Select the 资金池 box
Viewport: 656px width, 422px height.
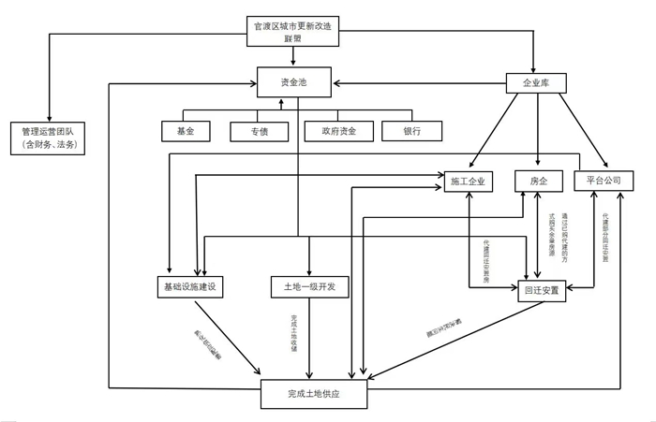[x=293, y=83]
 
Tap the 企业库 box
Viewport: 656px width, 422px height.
[x=534, y=83]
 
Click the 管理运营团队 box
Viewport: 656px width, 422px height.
[x=46, y=138]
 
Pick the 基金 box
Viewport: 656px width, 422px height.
[x=184, y=132]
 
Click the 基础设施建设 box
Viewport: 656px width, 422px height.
[x=190, y=286]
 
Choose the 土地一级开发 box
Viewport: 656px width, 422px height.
[x=308, y=286]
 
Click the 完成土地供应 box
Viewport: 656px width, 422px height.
[x=313, y=395]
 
